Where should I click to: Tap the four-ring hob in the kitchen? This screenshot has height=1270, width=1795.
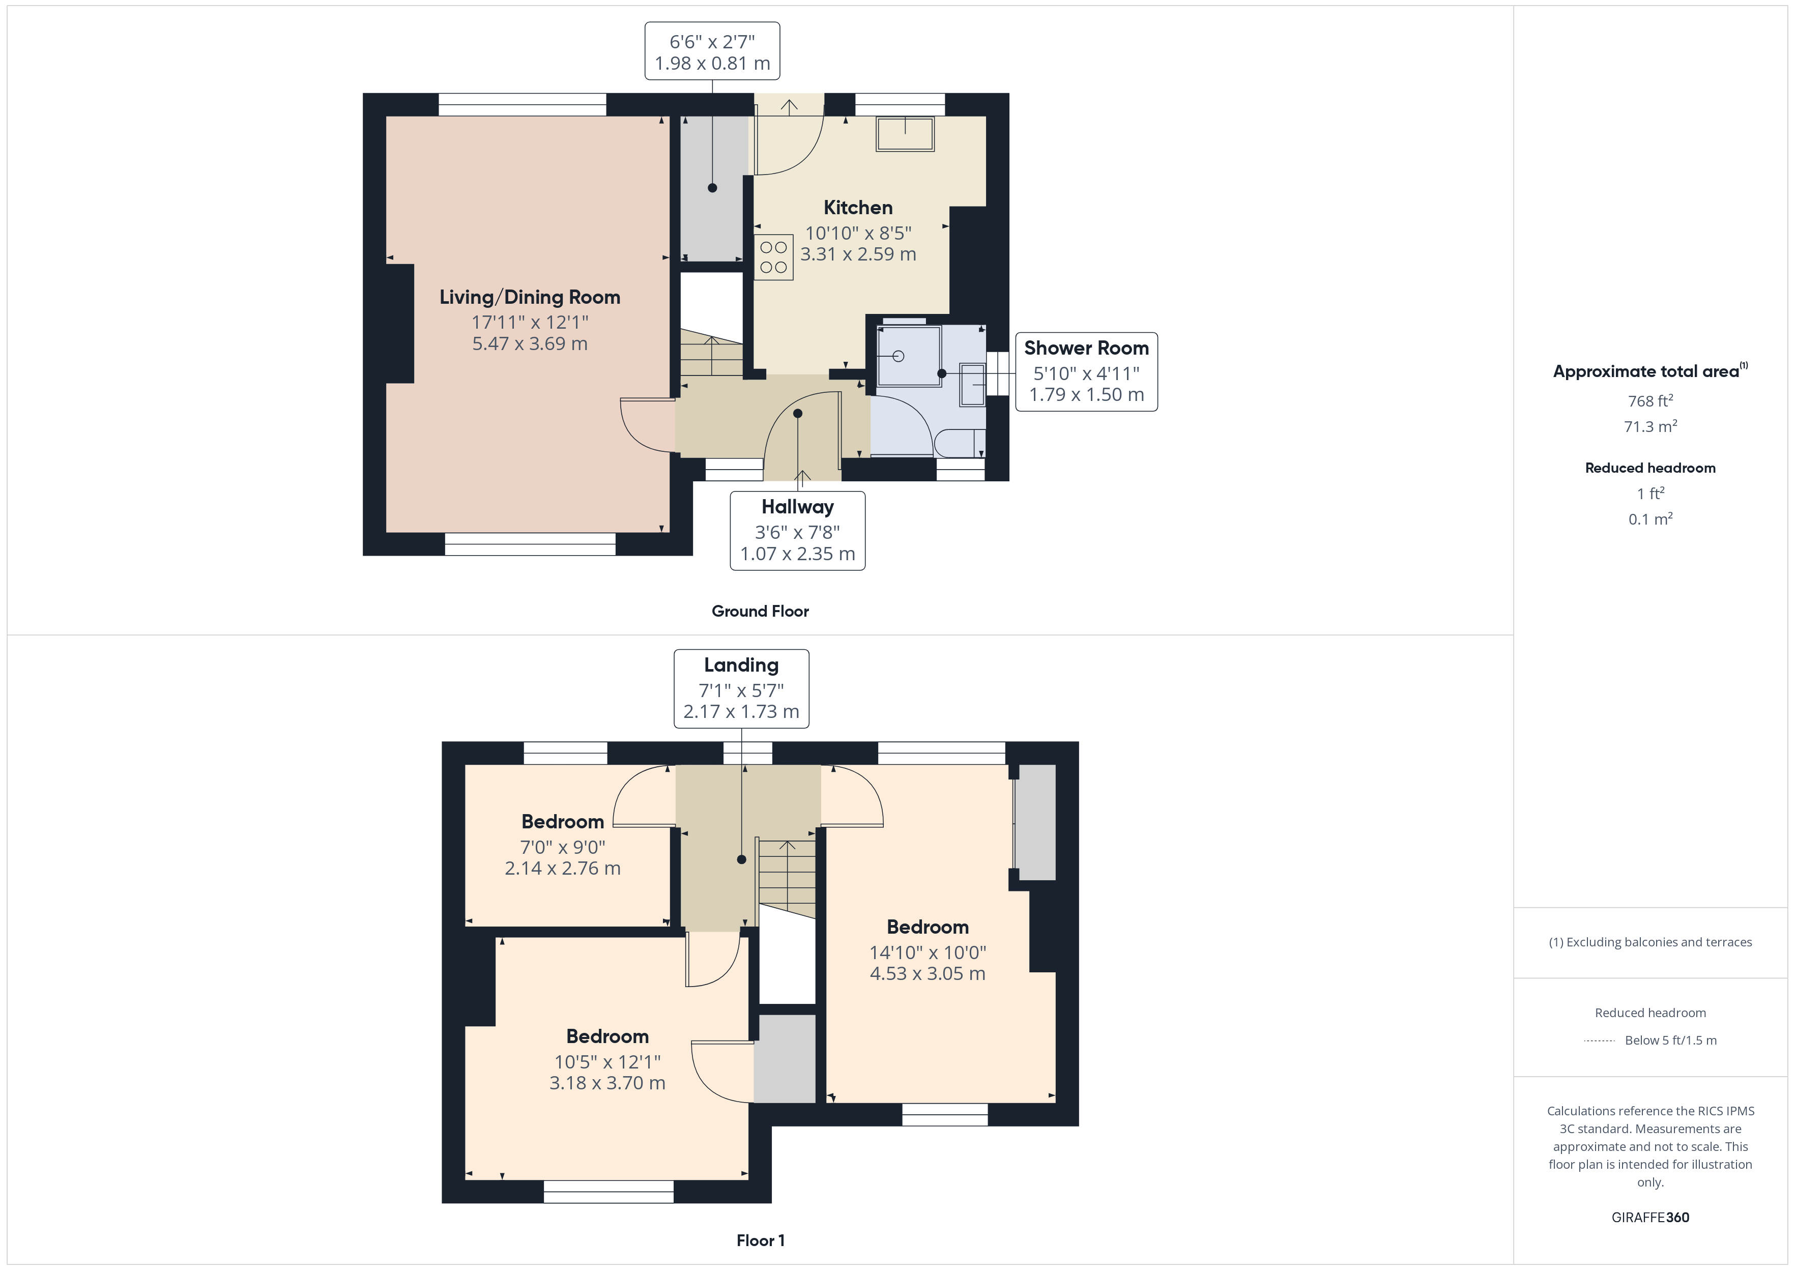pos(773,257)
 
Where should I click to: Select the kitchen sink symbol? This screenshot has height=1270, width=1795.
pos(905,134)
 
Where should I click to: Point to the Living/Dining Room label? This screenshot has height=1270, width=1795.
pos(529,297)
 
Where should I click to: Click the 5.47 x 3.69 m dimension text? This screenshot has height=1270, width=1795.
pos(529,344)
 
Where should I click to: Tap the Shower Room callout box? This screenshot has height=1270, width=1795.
pos(1086,371)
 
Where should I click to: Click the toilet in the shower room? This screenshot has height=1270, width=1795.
pos(958,443)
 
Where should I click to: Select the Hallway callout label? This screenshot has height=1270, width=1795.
pos(797,507)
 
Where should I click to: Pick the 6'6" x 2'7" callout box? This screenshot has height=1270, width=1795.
pos(711,51)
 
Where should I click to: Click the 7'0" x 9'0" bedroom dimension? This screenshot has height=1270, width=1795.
pos(562,847)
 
